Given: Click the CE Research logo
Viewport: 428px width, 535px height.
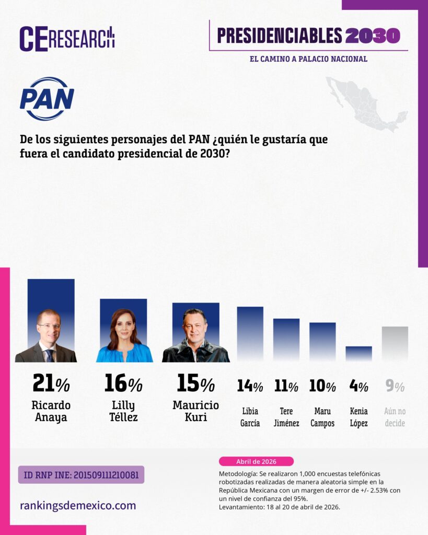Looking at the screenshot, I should [x=67, y=39].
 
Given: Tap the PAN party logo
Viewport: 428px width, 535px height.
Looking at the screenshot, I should [x=47, y=99].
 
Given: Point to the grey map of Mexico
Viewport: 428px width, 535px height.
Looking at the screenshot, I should [x=366, y=103].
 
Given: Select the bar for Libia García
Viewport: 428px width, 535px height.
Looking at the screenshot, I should [x=250, y=334].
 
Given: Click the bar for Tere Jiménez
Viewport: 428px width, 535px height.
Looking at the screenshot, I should [x=286, y=340].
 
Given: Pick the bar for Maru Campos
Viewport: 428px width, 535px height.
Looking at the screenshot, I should [x=322, y=342].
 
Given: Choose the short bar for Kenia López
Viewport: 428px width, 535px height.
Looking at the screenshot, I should [x=358, y=354].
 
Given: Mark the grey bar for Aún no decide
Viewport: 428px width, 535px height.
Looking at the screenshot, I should [x=395, y=344].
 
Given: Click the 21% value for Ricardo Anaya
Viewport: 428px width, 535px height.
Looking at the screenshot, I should [x=51, y=384].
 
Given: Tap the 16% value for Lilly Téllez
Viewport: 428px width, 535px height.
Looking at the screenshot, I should [x=123, y=384].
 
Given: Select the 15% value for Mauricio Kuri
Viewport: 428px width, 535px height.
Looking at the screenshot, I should [x=195, y=384].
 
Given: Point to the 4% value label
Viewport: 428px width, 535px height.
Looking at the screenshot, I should [x=358, y=386].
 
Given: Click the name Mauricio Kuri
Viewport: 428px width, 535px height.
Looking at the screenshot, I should [x=195, y=411].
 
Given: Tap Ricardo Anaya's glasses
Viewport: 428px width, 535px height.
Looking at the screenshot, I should [x=49, y=326].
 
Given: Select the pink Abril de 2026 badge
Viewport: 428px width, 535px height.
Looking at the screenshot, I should [x=256, y=461].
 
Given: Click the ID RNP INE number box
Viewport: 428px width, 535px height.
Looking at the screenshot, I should [x=81, y=475].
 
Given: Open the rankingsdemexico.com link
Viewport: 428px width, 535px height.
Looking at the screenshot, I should [x=78, y=505].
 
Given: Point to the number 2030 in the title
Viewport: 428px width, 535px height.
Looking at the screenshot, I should [x=373, y=36].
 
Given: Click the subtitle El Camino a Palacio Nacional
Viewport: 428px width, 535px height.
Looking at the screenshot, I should [x=308, y=59].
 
